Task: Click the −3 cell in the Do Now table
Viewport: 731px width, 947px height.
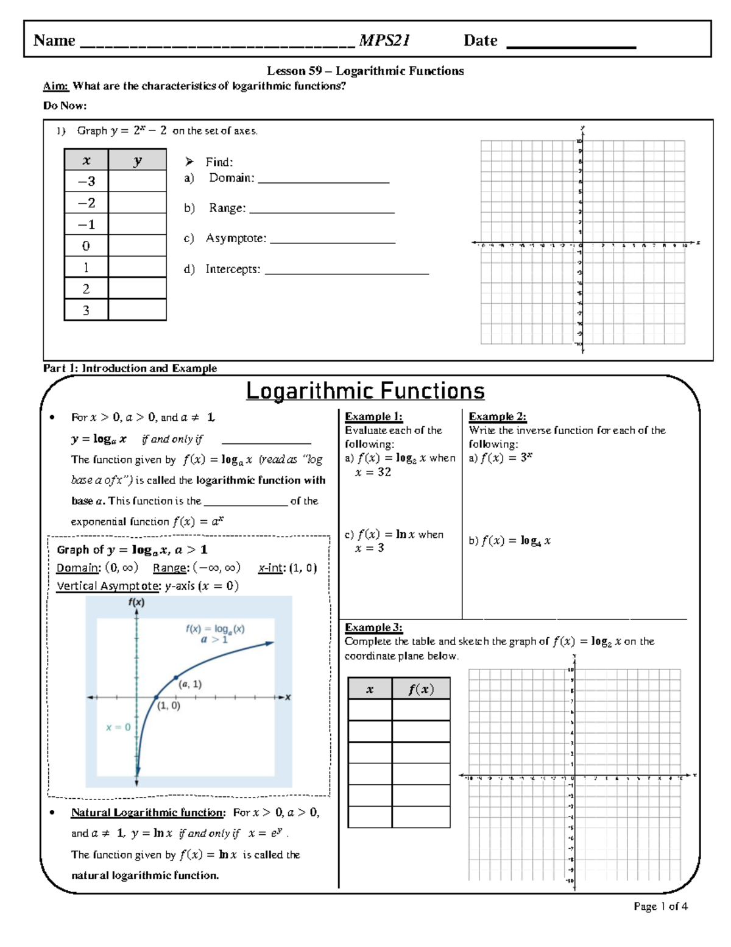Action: coord(86,181)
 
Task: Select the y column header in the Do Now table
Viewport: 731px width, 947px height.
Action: coord(137,160)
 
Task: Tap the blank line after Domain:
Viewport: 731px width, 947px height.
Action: coord(323,179)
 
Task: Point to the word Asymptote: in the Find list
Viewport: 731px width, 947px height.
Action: coord(236,238)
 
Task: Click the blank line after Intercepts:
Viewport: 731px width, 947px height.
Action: coord(347,271)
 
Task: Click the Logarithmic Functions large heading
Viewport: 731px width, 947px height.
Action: coord(365,391)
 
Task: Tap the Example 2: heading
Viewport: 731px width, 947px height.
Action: coord(497,416)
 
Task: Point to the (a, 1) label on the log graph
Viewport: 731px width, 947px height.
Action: coord(190,684)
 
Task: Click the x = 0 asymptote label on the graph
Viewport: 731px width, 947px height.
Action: coord(118,727)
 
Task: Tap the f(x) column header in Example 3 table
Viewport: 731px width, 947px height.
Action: coord(421,689)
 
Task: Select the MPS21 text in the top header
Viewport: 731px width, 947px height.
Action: coord(384,41)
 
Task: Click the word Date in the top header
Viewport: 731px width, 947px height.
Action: coord(480,41)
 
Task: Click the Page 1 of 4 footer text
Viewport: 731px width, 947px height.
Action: coord(660,906)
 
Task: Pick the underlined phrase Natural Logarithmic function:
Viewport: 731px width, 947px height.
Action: coord(148,812)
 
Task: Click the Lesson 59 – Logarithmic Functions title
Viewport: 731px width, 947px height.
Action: coord(365,71)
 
